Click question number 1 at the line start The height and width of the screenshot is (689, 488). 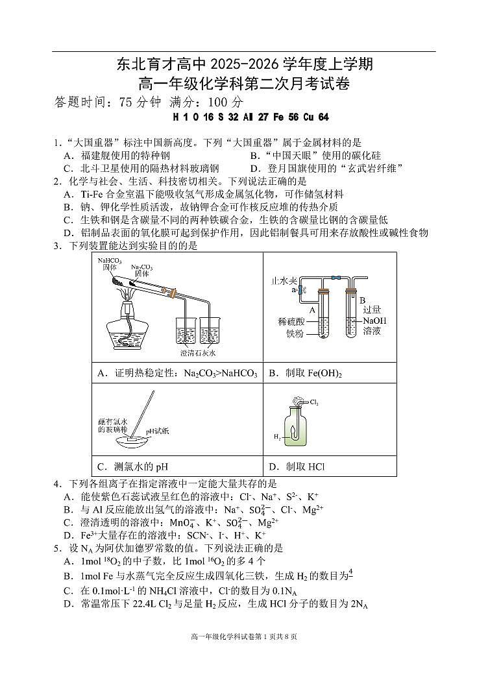56,143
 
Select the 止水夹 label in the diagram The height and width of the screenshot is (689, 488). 283,282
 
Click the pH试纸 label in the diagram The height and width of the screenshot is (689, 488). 156,430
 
